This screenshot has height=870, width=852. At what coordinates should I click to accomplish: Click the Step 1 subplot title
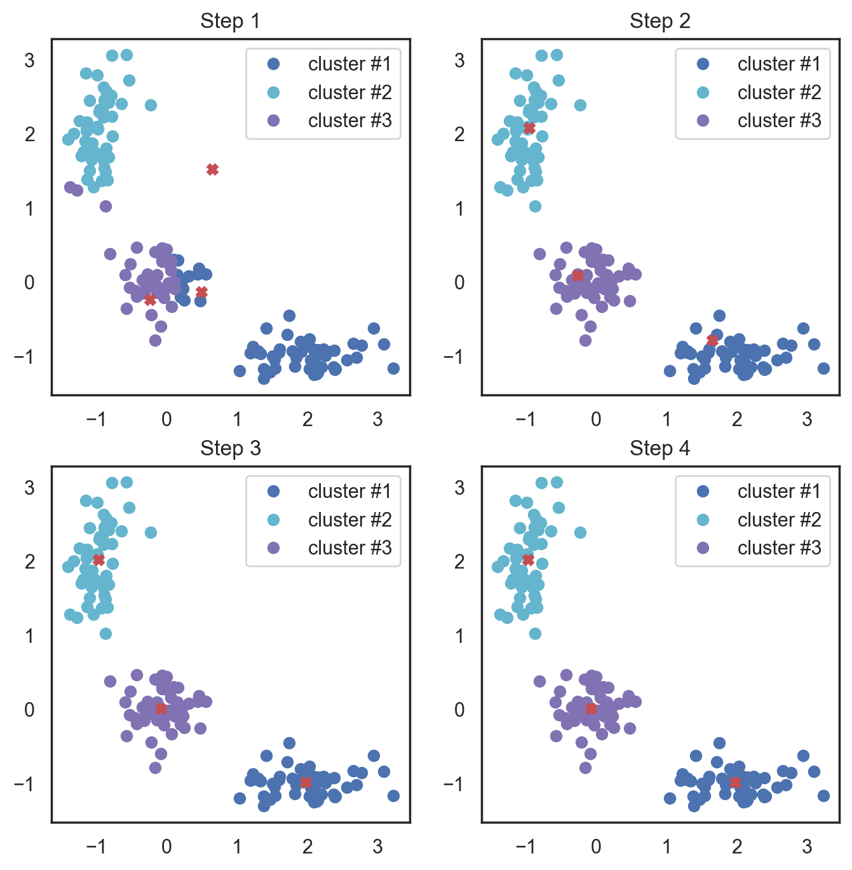click(x=230, y=21)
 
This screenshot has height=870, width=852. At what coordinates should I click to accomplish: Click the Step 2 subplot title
click(x=659, y=21)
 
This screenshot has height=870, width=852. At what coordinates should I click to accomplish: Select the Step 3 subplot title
click(x=230, y=448)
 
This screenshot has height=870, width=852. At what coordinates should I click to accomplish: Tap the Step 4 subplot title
click(x=659, y=448)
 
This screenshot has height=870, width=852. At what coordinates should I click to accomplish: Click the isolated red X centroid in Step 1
click(x=213, y=169)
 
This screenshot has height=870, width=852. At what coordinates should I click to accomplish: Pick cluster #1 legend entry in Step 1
click(x=330, y=64)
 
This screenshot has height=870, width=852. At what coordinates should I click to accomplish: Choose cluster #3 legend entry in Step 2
click(x=760, y=120)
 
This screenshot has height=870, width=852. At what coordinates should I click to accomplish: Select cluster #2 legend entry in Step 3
click(x=330, y=520)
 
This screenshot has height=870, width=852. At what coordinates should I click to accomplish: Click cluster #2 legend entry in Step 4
click(x=760, y=520)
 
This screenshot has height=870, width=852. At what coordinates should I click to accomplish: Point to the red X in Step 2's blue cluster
click(x=712, y=341)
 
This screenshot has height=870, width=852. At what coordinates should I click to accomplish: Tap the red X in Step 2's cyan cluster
click(x=529, y=128)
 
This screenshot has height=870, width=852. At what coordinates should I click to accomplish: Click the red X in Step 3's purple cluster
click(x=161, y=708)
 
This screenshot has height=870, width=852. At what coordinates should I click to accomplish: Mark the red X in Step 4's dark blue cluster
click(x=735, y=782)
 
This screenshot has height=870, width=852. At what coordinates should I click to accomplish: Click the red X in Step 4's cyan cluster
click(x=528, y=560)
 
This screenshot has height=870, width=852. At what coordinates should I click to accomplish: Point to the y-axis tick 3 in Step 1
click(x=29, y=60)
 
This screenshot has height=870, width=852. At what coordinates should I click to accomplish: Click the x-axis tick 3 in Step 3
click(x=377, y=846)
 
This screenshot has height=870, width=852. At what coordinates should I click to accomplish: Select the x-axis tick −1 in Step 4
click(x=524, y=846)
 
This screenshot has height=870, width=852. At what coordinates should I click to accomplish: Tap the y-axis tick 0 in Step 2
click(x=459, y=282)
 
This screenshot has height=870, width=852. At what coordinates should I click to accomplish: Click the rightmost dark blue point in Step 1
click(x=393, y=368)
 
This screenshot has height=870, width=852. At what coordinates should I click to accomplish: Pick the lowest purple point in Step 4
click(x=585, y=768)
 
